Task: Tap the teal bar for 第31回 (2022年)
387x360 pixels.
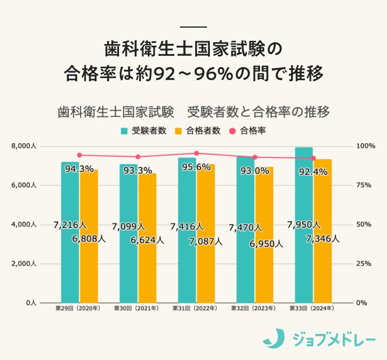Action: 187,265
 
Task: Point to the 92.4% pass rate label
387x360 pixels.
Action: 313,172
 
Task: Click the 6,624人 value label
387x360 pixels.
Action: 147,240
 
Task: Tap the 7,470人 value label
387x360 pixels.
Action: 245,228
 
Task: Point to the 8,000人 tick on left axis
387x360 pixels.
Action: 24,146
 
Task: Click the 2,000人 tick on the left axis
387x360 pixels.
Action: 24,264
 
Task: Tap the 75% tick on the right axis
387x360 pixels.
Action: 364,185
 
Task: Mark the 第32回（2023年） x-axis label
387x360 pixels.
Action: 253,309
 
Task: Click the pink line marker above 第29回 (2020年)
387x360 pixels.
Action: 80,155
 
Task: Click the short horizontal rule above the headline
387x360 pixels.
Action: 194,27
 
